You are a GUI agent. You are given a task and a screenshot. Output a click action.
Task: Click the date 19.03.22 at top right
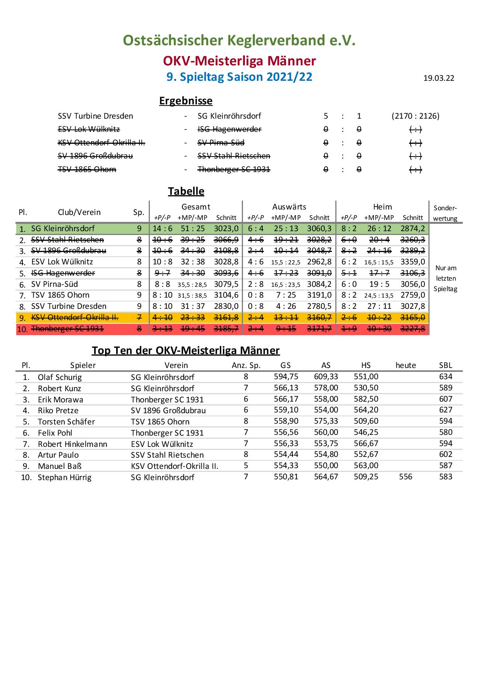[x=438, y=78]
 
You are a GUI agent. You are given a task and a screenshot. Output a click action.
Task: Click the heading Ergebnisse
[x=186, y=101]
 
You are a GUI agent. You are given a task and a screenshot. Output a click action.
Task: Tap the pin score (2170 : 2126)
[x=415, y=116]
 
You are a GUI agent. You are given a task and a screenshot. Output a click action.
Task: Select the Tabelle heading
[x=186, y=191]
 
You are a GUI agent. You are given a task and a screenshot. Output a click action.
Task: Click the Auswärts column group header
[x=289, y=207]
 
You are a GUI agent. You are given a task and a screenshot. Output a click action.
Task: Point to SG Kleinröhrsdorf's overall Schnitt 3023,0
[x=226, y=228]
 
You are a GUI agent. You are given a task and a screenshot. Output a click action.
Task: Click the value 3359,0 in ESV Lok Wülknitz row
[x=413, y=262]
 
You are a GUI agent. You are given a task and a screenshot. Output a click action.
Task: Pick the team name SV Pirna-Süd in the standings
[x=54, y=284]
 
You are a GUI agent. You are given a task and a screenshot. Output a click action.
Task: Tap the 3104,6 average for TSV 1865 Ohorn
[x=226, y=295]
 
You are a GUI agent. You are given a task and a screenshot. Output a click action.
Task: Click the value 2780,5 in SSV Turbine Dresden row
[x=319, y=306]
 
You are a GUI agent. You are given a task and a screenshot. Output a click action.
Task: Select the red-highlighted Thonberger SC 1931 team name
[x=67, y=329]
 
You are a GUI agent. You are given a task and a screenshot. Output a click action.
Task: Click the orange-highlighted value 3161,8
[x=226, y=317]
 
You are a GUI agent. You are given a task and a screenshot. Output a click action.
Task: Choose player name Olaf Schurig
[x=60, y=377]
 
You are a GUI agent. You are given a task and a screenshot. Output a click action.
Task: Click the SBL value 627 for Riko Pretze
[x=445, y=410]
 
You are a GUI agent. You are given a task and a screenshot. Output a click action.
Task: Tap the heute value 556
[x=406, y=477]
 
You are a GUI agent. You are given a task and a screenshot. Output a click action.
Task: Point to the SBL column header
[x=445, y=365]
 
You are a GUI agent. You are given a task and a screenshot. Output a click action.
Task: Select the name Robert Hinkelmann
[x=72, y=444]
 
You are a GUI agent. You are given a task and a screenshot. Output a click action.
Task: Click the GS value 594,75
[x=286, y=377]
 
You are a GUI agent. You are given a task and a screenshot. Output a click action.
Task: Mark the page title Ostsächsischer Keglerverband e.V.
[x=239, y=40]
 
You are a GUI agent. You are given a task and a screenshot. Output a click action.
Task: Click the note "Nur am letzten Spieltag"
[x=445, y=278]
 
